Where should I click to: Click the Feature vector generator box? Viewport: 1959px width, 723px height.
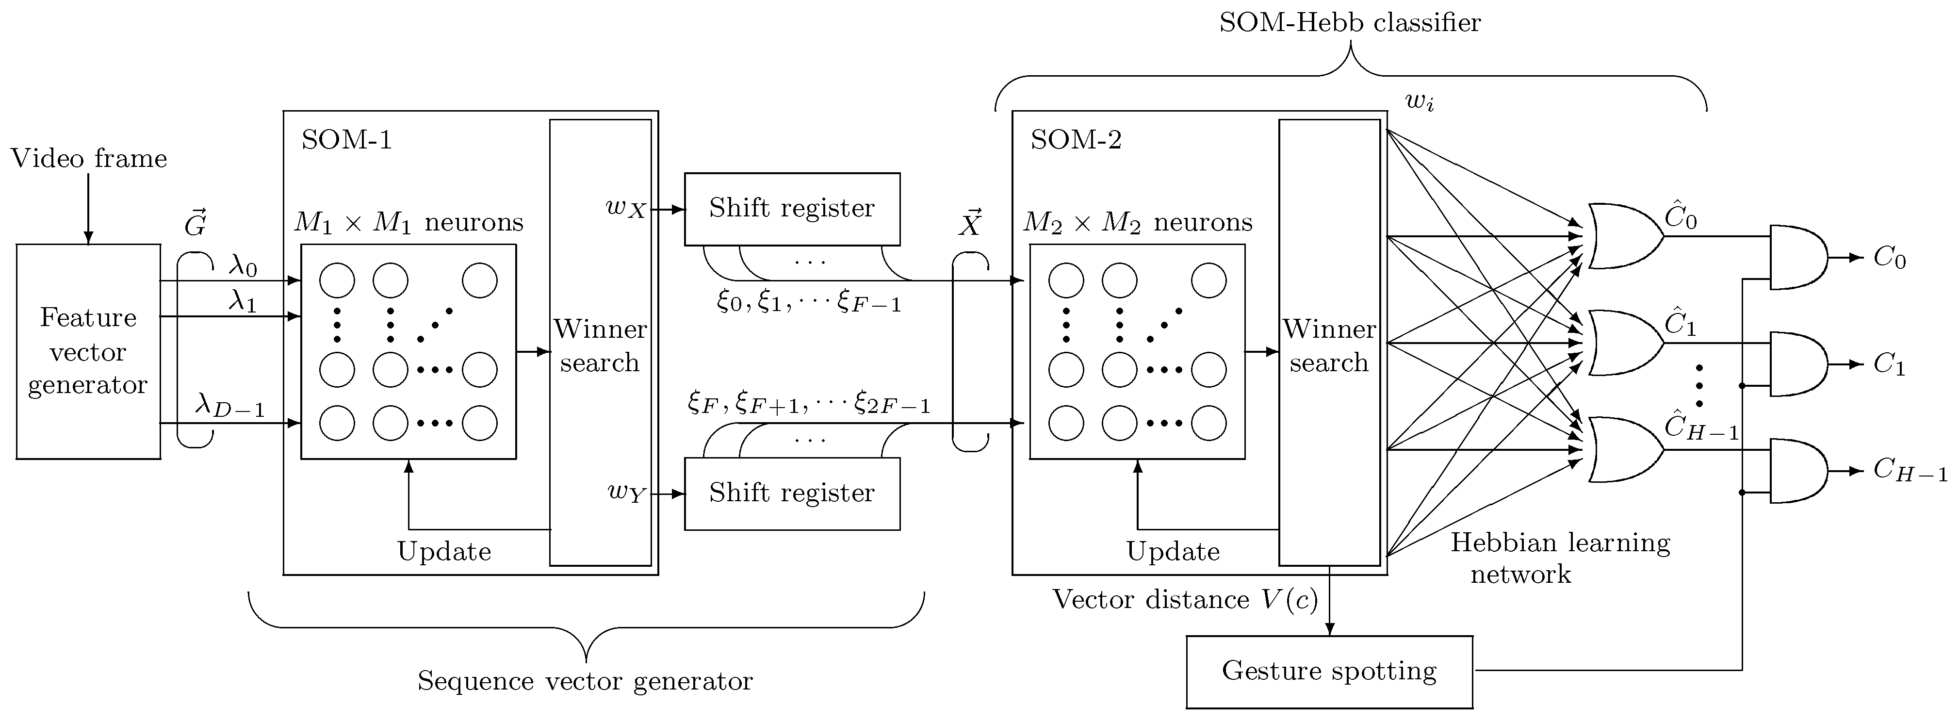[x=88, y=351]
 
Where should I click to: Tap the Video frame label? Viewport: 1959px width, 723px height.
[x=88, y=158]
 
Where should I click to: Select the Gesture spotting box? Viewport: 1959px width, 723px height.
[x=1329, y=671]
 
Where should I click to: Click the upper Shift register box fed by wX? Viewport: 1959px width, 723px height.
[x=792, y=208]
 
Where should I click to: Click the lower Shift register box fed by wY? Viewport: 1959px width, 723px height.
[x=792, y=493]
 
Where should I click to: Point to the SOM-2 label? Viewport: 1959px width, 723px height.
[x=1076, y=140]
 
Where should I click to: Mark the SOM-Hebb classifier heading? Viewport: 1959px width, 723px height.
[x=1350, y=23]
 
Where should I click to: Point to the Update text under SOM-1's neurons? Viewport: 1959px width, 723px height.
[x=444, y=551]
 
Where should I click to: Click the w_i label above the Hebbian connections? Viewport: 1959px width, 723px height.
[x=1419, y=101]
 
